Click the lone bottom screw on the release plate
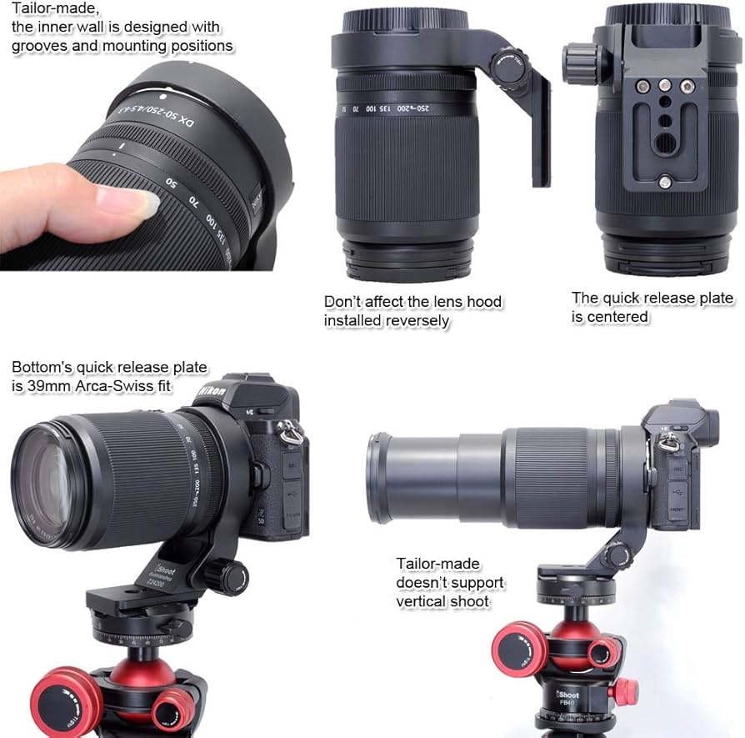[664, 181]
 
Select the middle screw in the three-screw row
[664, 85]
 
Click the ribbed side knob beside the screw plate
[577, 61]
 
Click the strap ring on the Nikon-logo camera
[288, 431]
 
